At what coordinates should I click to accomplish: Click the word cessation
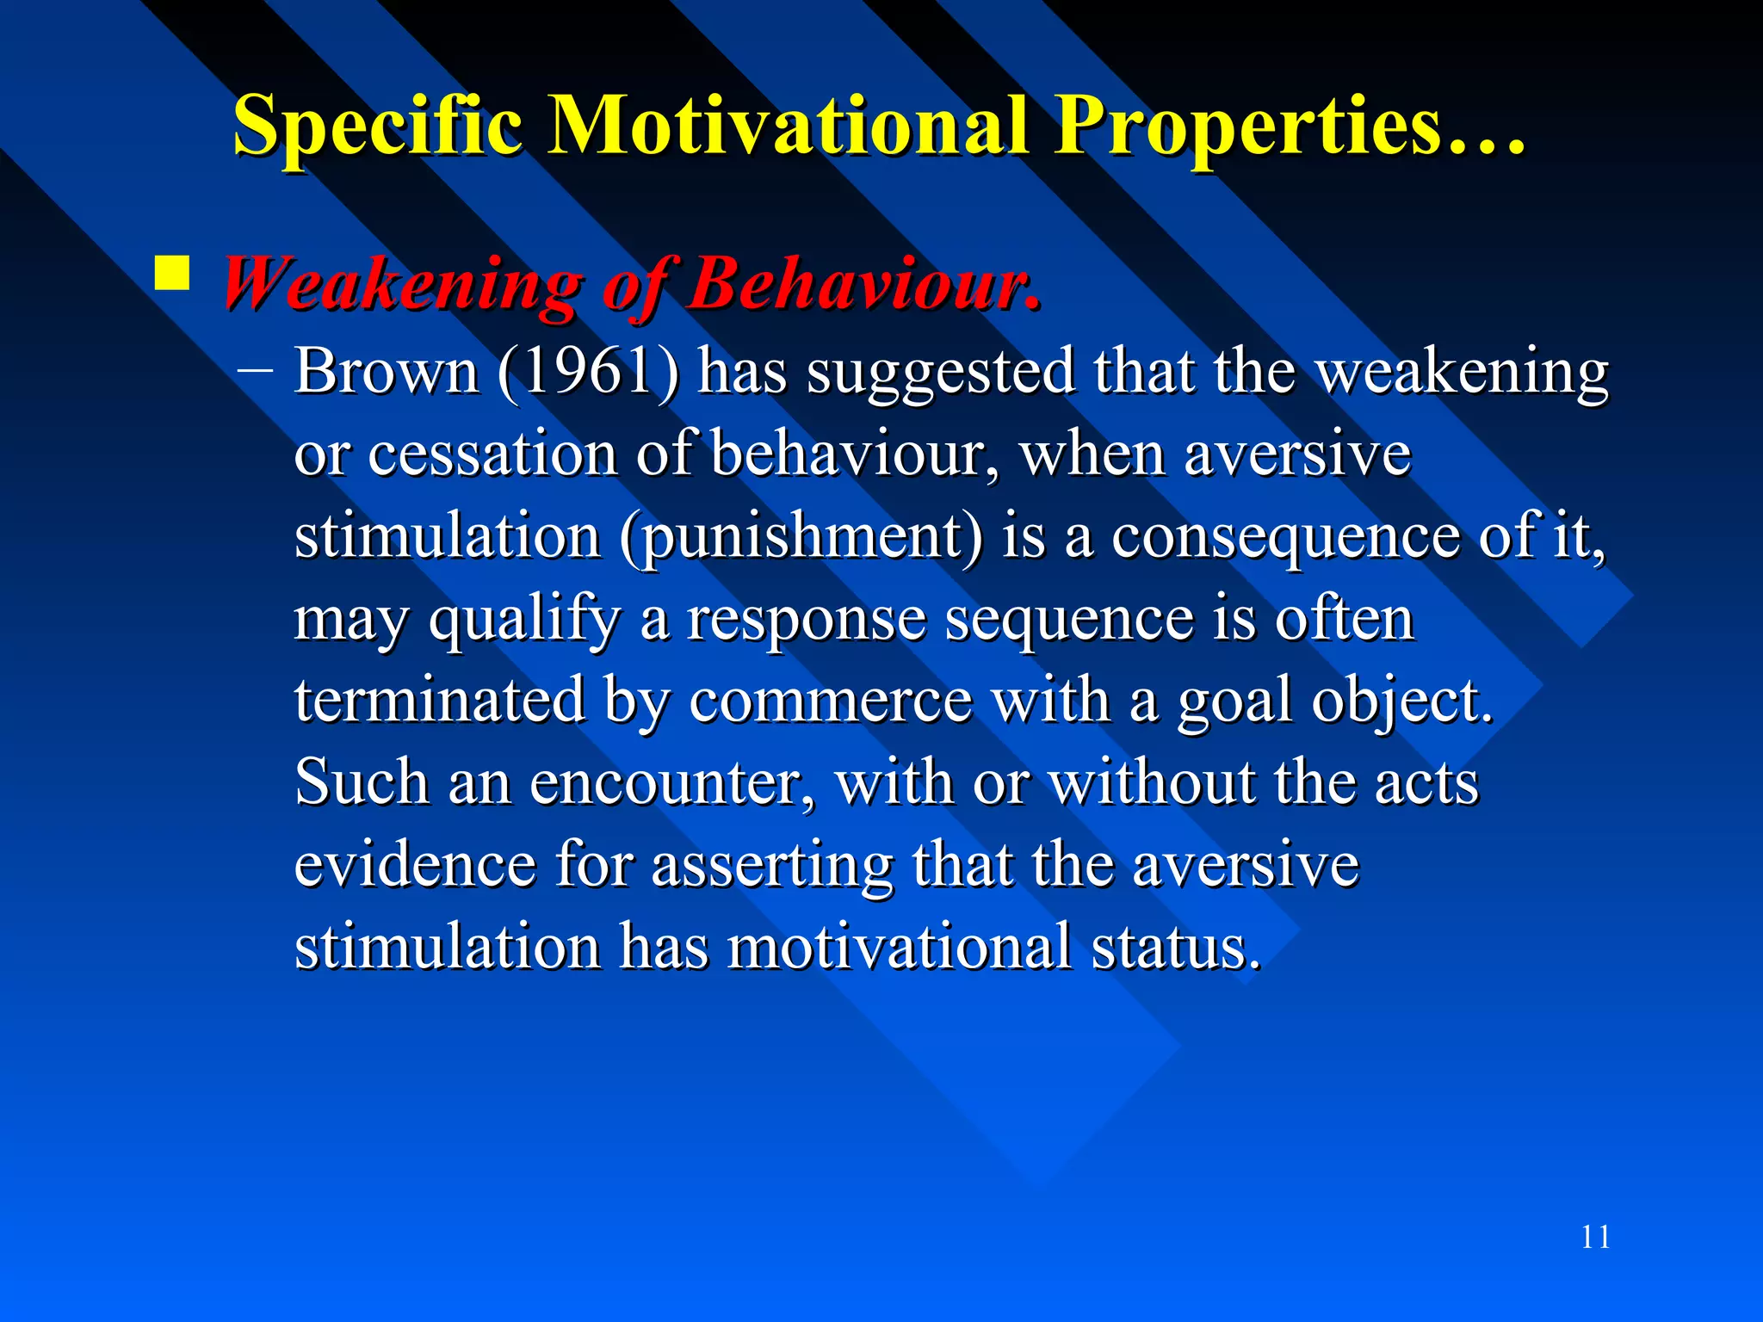tap(492, 454)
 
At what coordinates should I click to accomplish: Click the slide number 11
tap(1595, 1238)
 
